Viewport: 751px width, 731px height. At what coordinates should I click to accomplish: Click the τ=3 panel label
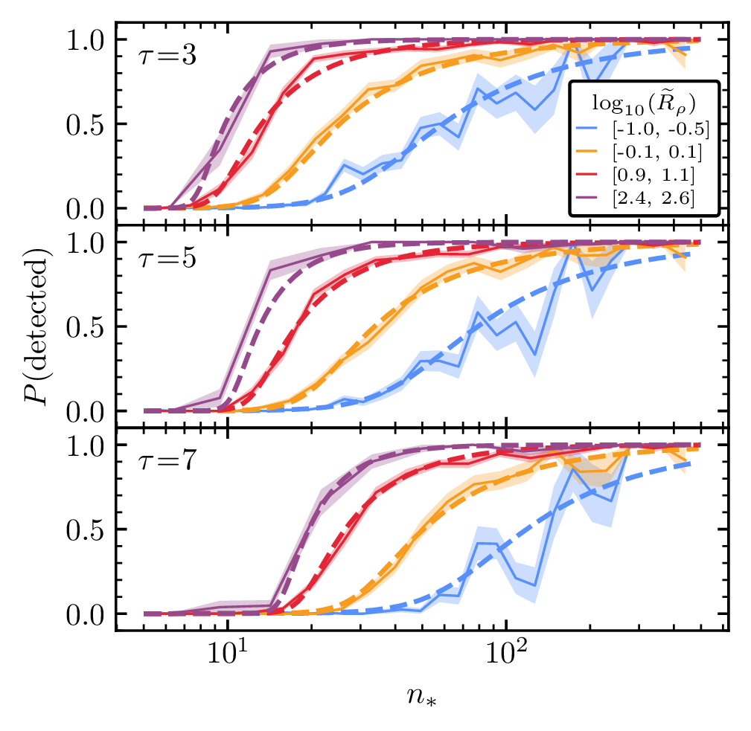tap(167, 57)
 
